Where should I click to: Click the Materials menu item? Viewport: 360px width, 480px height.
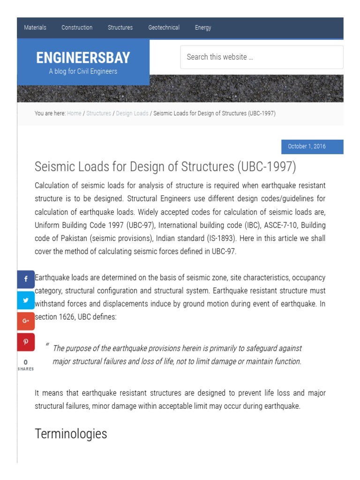tap(35, 28)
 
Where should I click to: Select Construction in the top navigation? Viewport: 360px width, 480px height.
tap(77, 28)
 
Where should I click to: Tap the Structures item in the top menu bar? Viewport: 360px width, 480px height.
tap(120, 28)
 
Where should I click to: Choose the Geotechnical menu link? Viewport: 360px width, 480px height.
tap(164, 28)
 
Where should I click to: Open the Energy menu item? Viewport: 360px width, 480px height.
tap(203, 28)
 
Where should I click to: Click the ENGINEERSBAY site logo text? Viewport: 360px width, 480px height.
tap(83, 58)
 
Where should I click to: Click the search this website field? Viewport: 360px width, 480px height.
tap(262, 57)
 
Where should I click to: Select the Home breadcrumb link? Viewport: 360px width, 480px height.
tap(74, 113)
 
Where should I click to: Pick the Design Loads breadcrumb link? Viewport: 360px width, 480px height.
tap(132, 113)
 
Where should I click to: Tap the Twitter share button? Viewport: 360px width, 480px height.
tap(26, 300)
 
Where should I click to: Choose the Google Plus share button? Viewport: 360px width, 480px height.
tap(26, 321)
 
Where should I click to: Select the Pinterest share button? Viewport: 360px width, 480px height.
tap(26, 342)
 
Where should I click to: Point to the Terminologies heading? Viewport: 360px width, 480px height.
tap(71, 434)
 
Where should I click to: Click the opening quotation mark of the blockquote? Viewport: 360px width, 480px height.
tap(47, 346)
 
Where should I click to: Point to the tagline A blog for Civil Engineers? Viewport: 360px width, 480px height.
tap(83, 71)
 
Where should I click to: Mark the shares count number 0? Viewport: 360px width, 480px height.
tap(26, 362)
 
